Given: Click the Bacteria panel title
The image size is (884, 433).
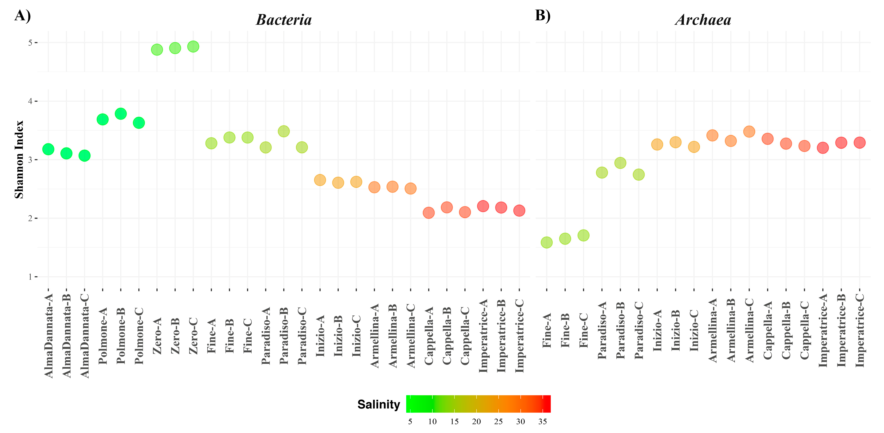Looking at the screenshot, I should (284, 20).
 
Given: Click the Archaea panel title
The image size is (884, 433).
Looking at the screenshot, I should (703, 20).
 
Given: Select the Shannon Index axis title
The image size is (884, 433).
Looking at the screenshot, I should (19, 159).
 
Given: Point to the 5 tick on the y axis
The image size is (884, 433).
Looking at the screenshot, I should (30, 43).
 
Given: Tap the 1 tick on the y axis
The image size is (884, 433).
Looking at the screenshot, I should (30, 277).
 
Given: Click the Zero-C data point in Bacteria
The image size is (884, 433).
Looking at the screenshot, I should (193, 46).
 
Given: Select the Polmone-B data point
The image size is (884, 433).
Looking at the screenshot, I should (120, 114).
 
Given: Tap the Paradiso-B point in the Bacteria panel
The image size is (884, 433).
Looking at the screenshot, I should (283, 131).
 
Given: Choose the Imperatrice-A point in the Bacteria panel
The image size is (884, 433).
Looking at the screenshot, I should (483, 206).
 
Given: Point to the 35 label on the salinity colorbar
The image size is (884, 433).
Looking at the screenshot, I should (542, 422).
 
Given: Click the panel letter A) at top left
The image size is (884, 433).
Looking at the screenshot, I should (23, 16).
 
